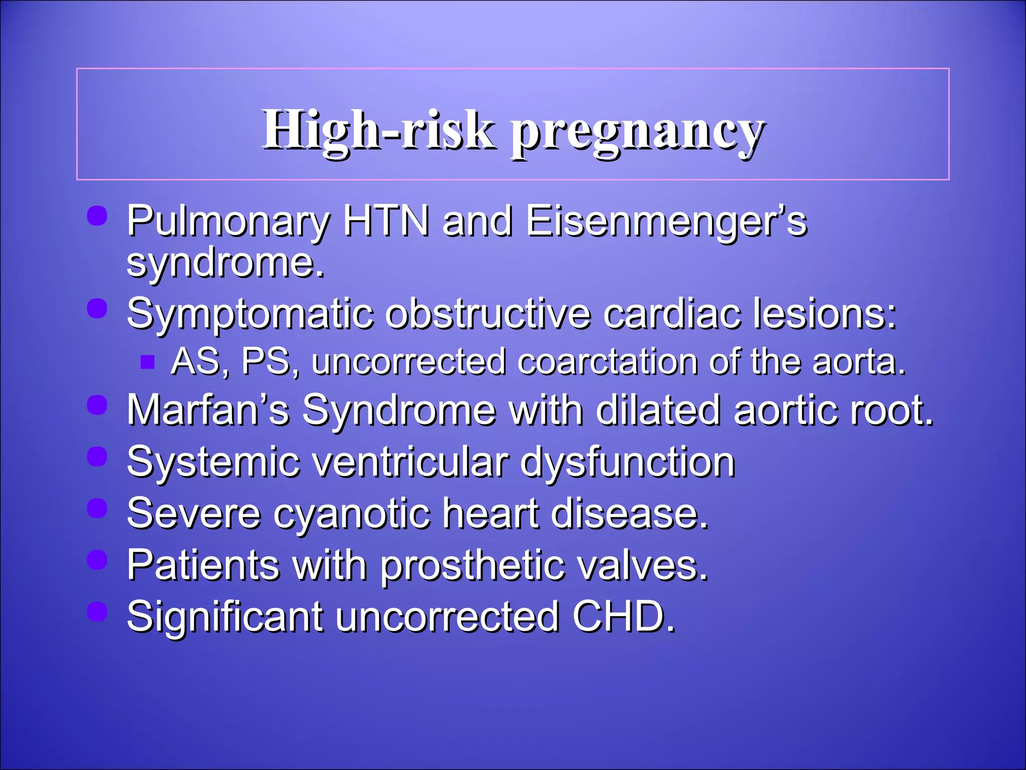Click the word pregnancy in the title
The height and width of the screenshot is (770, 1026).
click(x=637, y=131)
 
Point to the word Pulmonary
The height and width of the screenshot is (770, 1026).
click(x=228, y=222)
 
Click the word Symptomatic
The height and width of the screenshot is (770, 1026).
click(x=249, y=315)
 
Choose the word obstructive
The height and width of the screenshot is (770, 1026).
click(x=488, y=314)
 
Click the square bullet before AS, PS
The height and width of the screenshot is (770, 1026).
click(x=147, y=361)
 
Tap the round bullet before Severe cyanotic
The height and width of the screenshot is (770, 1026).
click(x=97, y=508)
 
